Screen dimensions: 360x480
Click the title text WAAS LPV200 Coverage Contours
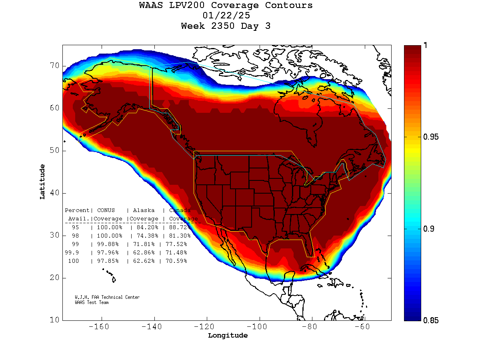click(x=226, y=6)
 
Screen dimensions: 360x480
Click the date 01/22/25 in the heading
click(x=226, y=16)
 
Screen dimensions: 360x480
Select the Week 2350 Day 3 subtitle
click(x=226, y=26)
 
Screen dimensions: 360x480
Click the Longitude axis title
click(x=228, y=336)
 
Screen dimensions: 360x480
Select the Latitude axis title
click(x=42, y=182)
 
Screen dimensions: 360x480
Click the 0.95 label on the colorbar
click(x=431, y=137)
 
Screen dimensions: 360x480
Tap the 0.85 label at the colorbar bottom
click(x=431, y=320)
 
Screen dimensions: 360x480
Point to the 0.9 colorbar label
click(x=428, y=229)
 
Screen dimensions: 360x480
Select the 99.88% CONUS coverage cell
click(x=108, y=244)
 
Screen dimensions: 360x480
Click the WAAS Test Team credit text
click(x=92, y=302)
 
